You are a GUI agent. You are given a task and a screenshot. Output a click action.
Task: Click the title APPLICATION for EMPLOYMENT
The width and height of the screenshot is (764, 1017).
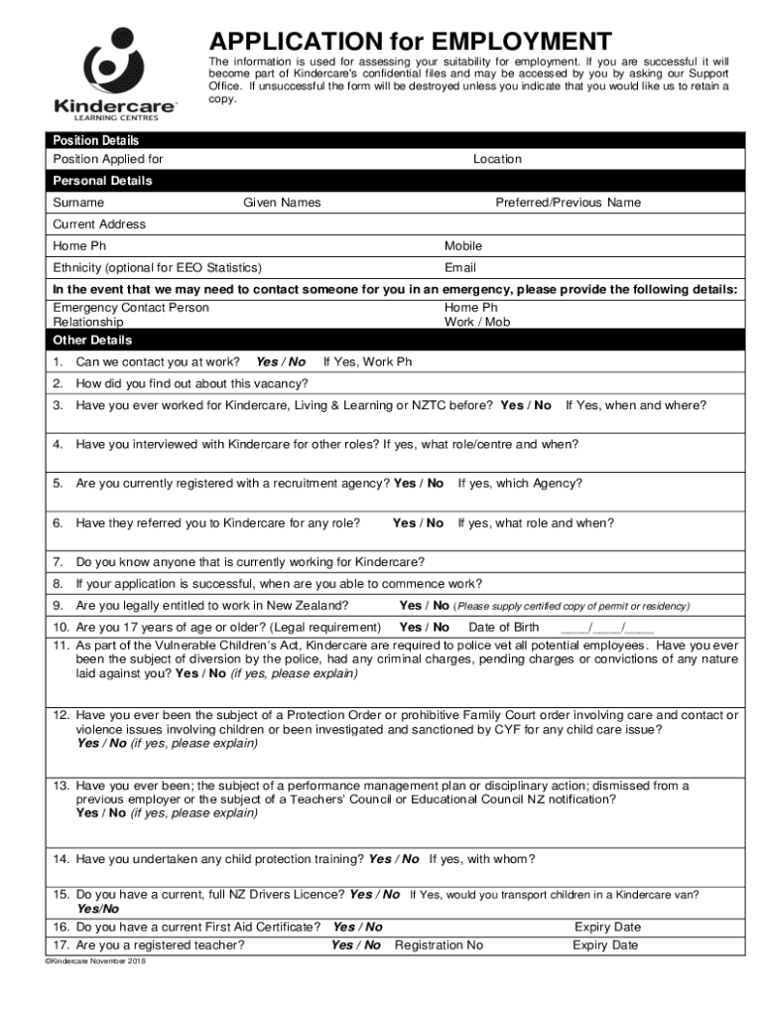410,42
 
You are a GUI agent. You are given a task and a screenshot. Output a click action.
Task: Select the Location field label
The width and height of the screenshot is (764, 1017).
497,159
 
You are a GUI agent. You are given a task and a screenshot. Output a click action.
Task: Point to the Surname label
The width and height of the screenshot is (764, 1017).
78,203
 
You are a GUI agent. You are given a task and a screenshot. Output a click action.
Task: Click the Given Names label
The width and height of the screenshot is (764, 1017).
282,203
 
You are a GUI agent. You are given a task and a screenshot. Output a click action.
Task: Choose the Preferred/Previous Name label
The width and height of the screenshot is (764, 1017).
568,203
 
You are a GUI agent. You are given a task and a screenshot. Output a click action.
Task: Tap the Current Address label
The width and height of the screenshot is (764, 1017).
99,224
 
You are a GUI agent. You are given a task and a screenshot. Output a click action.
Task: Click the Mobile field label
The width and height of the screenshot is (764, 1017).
463,245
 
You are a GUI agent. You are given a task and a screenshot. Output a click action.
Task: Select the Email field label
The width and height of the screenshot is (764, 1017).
460,267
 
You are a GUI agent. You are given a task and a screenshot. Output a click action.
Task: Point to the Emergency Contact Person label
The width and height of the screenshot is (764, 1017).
131,308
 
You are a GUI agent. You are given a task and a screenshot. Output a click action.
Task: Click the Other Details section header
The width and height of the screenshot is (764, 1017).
91,340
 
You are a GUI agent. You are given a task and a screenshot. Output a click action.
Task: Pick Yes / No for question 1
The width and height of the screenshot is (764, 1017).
281,362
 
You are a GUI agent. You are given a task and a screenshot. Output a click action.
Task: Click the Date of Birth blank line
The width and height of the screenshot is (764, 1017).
606,627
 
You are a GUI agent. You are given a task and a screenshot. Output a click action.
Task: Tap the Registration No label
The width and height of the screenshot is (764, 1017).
439,945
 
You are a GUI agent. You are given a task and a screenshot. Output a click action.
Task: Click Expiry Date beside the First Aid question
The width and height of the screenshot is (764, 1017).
607,927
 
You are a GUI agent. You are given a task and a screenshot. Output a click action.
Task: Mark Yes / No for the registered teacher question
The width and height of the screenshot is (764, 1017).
356,945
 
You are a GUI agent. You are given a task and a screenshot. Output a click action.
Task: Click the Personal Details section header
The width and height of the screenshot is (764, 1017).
102,181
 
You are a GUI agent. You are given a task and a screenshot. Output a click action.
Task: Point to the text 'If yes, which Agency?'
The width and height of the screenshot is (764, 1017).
520,484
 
